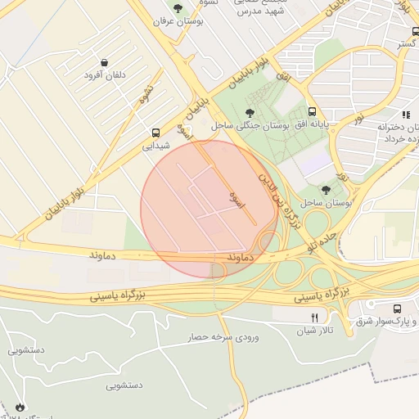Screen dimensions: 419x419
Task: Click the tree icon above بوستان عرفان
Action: tap(178, 7)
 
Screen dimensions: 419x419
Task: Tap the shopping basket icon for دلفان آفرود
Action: tap(104, 62)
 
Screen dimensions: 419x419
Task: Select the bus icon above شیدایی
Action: tap(155, 133)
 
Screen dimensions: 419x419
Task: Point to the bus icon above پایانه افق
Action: tap(312, 112)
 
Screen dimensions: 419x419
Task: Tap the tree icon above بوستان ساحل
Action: tap(327, 189)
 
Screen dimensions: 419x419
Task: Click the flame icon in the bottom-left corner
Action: tap(19, 407)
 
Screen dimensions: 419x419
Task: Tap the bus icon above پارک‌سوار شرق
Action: tap(397, 309)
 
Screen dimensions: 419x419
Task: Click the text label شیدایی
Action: tap(155, 146)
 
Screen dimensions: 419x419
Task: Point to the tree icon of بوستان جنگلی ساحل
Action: tap(250, 113)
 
